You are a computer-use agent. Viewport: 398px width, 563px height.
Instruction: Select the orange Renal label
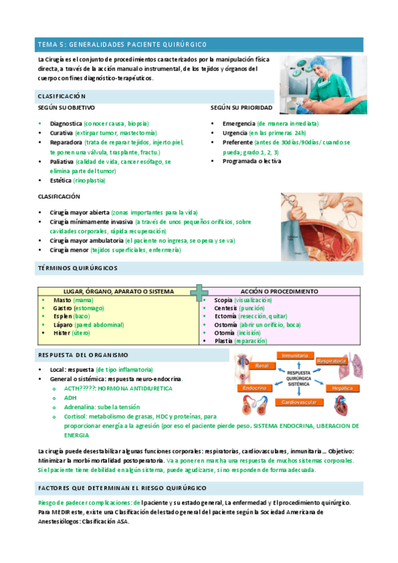261,366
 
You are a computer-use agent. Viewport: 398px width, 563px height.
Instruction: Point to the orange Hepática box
342,386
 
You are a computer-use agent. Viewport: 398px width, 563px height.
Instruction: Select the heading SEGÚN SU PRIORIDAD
241,107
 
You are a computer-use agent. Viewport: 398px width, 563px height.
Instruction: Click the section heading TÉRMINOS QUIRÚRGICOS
78,268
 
